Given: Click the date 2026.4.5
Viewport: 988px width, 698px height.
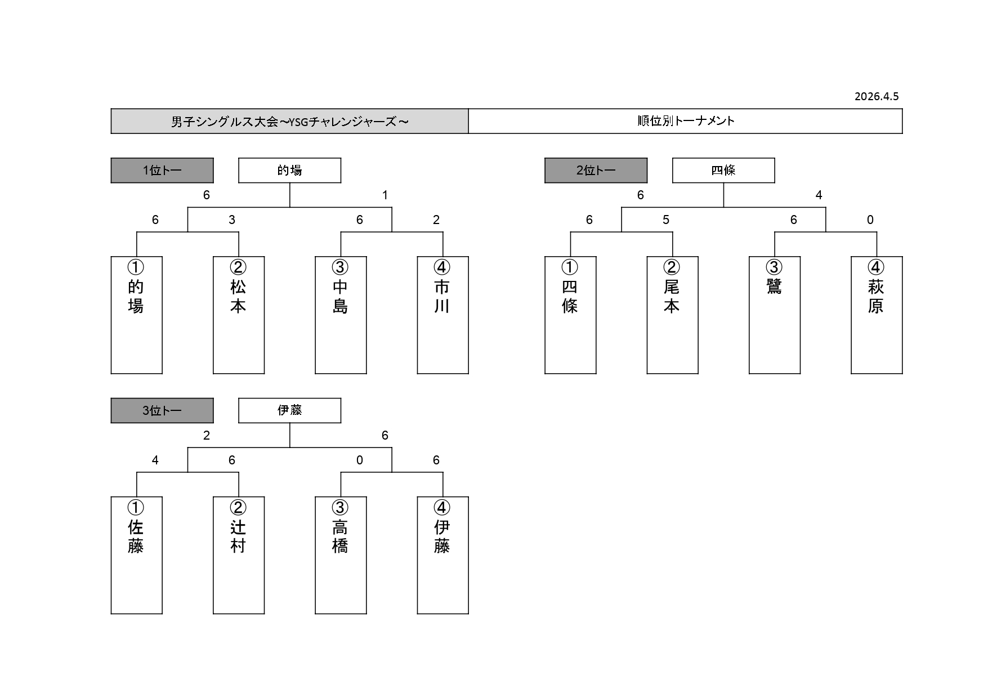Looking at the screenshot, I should (877, 96).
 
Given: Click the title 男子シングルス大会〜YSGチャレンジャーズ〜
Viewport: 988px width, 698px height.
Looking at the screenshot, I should (289, 121).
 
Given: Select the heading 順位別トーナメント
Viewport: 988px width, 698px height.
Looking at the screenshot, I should (685, 121).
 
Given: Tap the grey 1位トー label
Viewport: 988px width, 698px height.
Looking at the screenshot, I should (162, 171).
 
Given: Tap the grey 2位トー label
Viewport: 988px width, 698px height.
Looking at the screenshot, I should (596, 171).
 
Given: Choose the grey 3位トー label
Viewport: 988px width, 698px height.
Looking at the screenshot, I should (162, 410).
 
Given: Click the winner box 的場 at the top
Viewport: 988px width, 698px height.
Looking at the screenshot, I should (289, 171).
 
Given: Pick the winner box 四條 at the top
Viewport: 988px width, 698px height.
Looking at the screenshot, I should (723, 171).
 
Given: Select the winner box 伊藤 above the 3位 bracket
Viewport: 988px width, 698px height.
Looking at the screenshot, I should (289, 410).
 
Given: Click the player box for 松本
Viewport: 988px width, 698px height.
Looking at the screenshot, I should (239, 315).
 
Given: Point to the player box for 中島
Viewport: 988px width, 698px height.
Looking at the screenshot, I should (341, 315).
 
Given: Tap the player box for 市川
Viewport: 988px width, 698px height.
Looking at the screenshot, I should (442, 315).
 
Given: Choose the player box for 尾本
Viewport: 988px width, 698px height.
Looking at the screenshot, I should (672, 315).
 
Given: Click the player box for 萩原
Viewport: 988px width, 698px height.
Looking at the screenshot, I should (877, 315).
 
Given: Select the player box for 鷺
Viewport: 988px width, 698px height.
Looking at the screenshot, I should (775, 315).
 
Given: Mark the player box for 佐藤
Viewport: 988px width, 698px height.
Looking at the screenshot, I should (136, 555).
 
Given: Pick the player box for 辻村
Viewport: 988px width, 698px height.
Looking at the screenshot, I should (239, 555).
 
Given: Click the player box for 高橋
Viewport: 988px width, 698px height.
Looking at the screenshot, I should (341, 555).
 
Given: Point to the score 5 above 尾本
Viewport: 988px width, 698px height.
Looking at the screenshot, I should (666, 220).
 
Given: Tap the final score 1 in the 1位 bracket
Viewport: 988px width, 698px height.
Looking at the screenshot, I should (385, 195).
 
